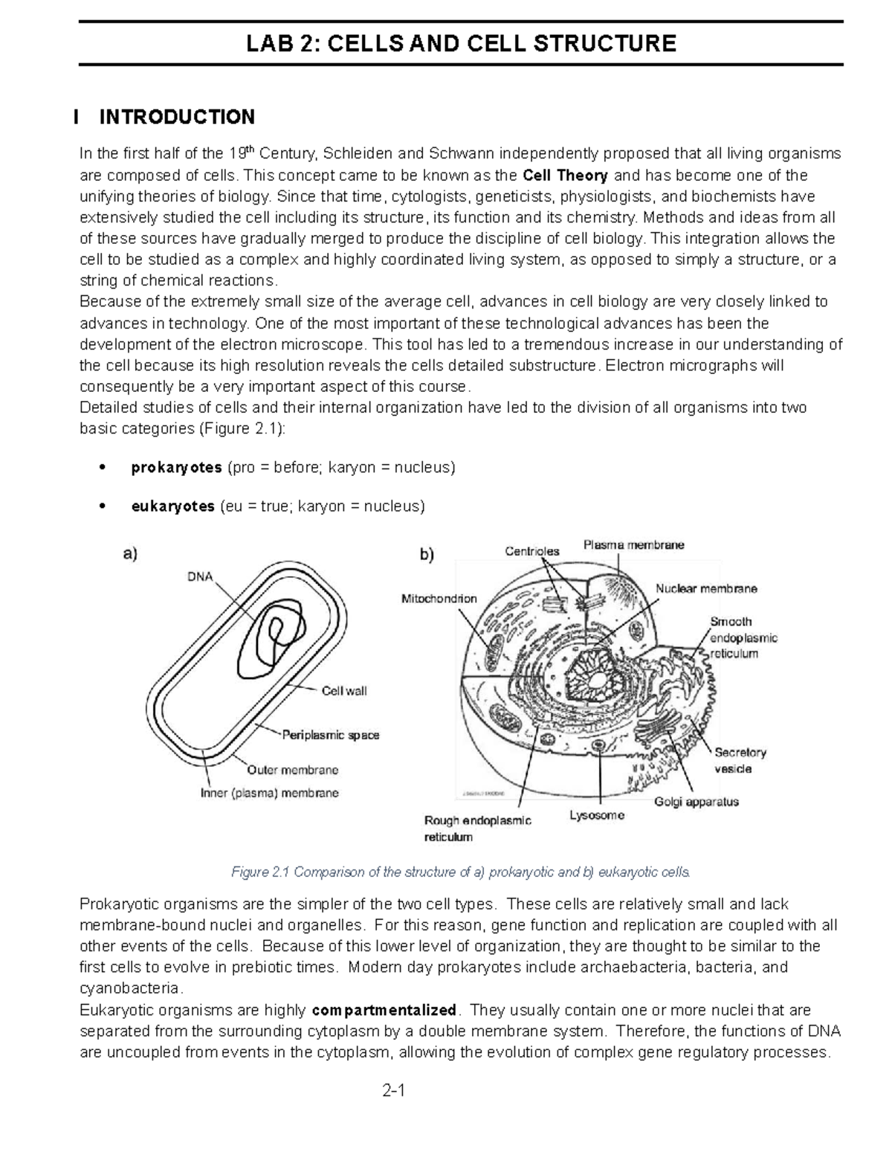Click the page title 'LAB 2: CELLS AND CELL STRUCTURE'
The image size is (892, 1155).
tap(461, 43)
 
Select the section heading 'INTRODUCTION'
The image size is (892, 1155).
tap(177, 117)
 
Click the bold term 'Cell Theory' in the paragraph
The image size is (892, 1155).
tap(565, 176)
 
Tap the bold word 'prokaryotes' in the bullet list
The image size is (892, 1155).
tap(176, 467)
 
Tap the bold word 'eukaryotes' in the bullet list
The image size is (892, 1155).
tap(172, 506)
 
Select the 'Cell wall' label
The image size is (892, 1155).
tap(343, 691)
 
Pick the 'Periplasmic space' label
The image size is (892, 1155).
tap(331, 735)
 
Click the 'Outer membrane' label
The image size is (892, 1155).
tap(292, 770)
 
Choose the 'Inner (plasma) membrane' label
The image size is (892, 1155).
tap(269, 793)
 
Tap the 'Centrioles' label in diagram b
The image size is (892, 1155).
tap(532, 551)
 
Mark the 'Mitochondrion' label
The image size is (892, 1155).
tap(439, 598)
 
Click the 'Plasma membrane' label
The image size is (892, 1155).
tap(633, 545)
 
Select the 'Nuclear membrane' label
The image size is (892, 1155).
tap(705, 588)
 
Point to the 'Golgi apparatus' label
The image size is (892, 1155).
tap(696, 802)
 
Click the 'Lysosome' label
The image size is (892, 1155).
tap(597, 815)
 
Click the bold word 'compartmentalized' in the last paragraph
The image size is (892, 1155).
tap(384, 1010)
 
